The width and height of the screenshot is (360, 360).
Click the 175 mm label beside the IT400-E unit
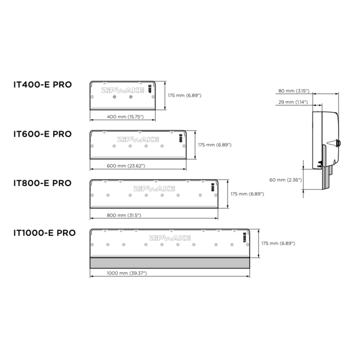point(184,96)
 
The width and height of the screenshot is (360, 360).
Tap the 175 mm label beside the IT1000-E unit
point(277,243)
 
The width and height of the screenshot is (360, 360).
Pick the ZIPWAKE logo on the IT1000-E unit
point(169,238)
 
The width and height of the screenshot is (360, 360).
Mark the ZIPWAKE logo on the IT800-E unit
point(153,189)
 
